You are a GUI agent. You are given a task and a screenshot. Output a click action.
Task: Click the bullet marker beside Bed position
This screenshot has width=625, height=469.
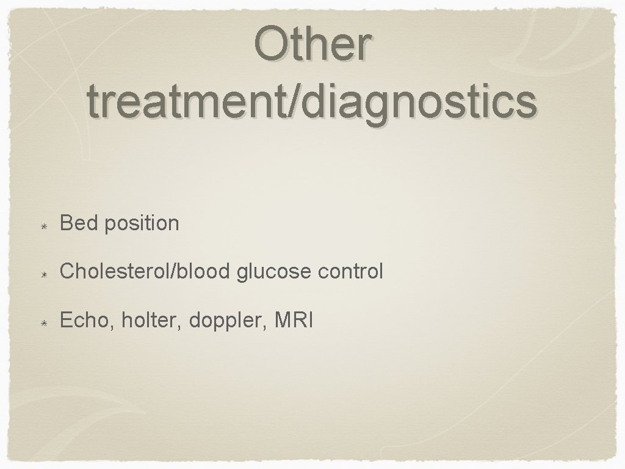(45, 224)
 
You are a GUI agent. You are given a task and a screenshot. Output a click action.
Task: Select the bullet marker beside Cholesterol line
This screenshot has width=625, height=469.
(45, 272)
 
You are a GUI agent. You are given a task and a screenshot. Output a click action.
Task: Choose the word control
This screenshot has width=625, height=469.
(351, 271)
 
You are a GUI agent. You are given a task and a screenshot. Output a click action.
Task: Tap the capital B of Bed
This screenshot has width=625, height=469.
(66, 224)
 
